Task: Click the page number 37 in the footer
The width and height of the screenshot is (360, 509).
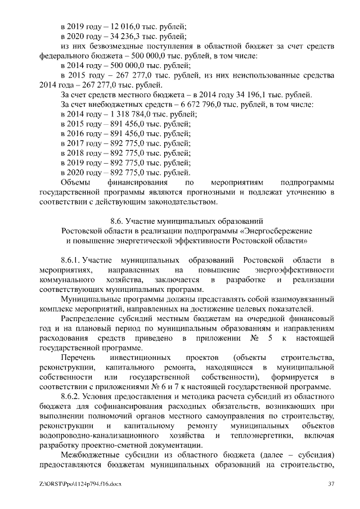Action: tap(331, 484)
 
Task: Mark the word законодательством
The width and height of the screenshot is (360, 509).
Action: tap(178, 201)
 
